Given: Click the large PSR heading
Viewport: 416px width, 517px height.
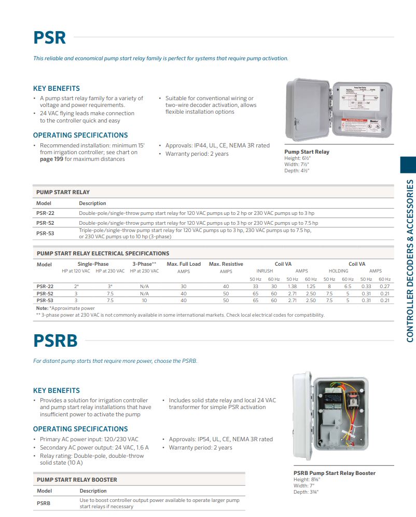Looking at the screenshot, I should click(x=50, y=37).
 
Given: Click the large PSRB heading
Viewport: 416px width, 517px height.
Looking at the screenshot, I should click(x=56, y=341).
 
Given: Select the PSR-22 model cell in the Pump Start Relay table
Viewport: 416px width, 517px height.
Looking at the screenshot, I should click(x=45, y=213).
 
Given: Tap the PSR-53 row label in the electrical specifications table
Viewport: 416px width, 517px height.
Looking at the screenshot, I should click(x=45, y=300).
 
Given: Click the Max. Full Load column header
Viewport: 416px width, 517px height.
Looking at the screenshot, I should click(x=184, y=264).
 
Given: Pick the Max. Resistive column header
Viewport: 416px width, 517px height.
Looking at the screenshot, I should click(x=226, y=264).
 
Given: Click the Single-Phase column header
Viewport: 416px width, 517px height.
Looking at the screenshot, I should click(x=93, y=264).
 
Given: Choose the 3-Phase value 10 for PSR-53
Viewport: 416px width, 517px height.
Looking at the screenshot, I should click(x=144, y=300).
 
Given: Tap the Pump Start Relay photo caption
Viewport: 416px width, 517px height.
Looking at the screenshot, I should click(x=307, y=152).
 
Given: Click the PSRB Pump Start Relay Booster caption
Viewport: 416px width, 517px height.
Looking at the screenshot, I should click(x=335, y=473).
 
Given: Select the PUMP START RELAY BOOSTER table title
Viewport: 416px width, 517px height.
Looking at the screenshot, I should click(x=77, y=480).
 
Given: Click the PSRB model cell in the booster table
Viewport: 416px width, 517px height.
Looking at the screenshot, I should click(x=44, y=503).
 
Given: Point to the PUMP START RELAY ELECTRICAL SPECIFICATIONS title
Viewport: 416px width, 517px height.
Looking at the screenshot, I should click(x=103, y=253).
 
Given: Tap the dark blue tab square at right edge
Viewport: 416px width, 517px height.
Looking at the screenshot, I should click(x=408, y=165).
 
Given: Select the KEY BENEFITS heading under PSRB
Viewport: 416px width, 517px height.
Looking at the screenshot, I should click(x=57, y=390).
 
